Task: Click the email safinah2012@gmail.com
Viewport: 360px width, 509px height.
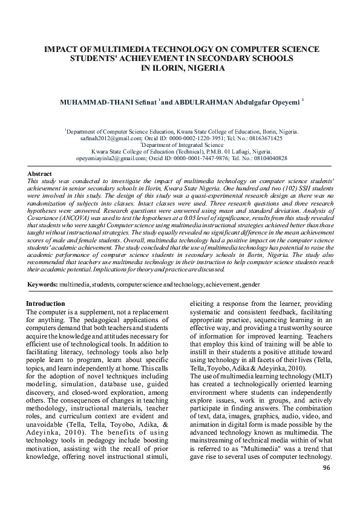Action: [108, 138]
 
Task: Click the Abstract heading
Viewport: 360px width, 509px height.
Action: [40, 174]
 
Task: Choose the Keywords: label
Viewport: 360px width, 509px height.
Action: [42, 284]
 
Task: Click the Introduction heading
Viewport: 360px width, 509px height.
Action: [45, 303]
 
